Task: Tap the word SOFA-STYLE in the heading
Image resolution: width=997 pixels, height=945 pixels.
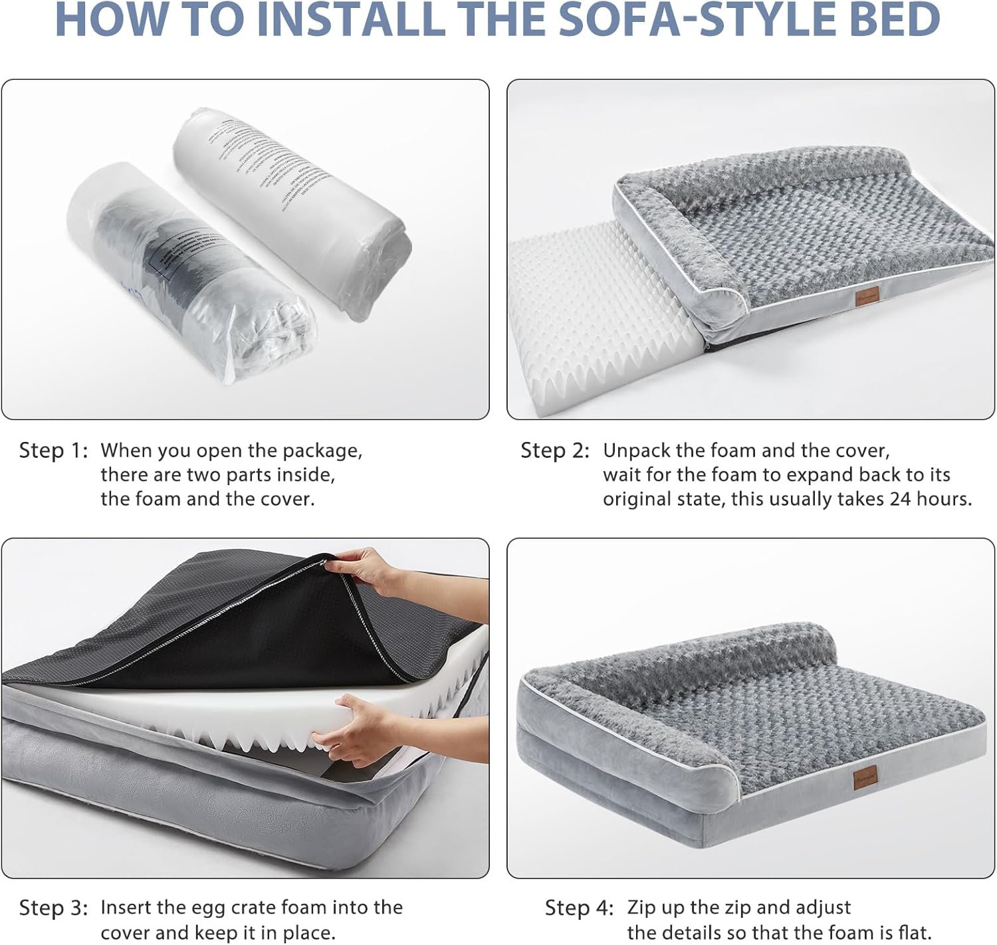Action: pyautogui.click(x=655, y=20)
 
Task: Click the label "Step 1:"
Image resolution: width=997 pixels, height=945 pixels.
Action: pyautogui.click(x=53, y=451)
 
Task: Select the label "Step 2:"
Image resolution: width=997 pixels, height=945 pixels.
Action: pyautogui.click(x=555, y=451)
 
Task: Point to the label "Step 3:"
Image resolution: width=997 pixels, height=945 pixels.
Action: pyautogui.click(x=53, y=908)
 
